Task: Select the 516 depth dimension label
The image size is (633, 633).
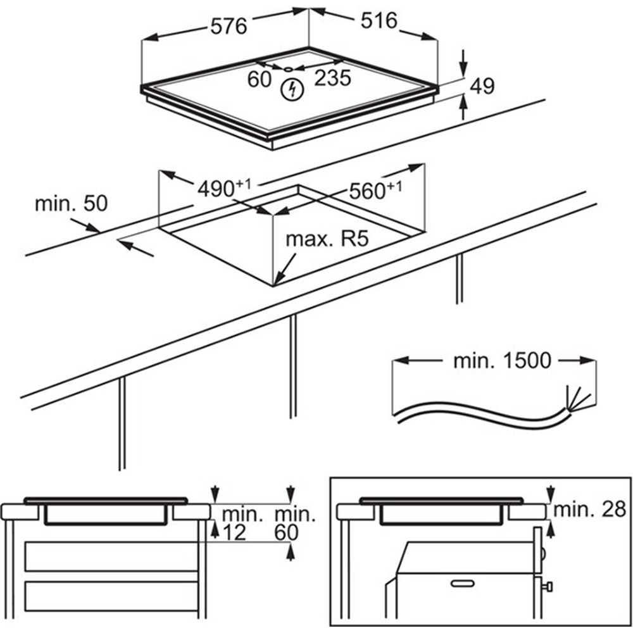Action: coord(379,21)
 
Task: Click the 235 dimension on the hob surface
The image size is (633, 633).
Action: coord(333,78)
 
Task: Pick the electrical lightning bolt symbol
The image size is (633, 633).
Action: coord(292,90)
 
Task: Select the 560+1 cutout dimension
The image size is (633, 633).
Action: coord(375,190)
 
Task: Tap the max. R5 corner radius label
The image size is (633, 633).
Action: coord(327,240)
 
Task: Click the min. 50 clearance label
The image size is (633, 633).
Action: coord(71,204)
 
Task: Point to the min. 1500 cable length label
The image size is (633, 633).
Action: coord(494,361)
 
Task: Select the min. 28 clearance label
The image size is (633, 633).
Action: coord(589,510)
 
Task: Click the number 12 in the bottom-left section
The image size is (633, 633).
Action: coord(234,532)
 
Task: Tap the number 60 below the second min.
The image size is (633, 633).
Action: coord(286,532)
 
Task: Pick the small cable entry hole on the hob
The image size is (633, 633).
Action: coord(288,68)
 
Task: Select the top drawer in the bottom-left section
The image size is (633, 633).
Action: coord(111,556)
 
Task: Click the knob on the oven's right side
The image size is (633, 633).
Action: coord(548,587)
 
